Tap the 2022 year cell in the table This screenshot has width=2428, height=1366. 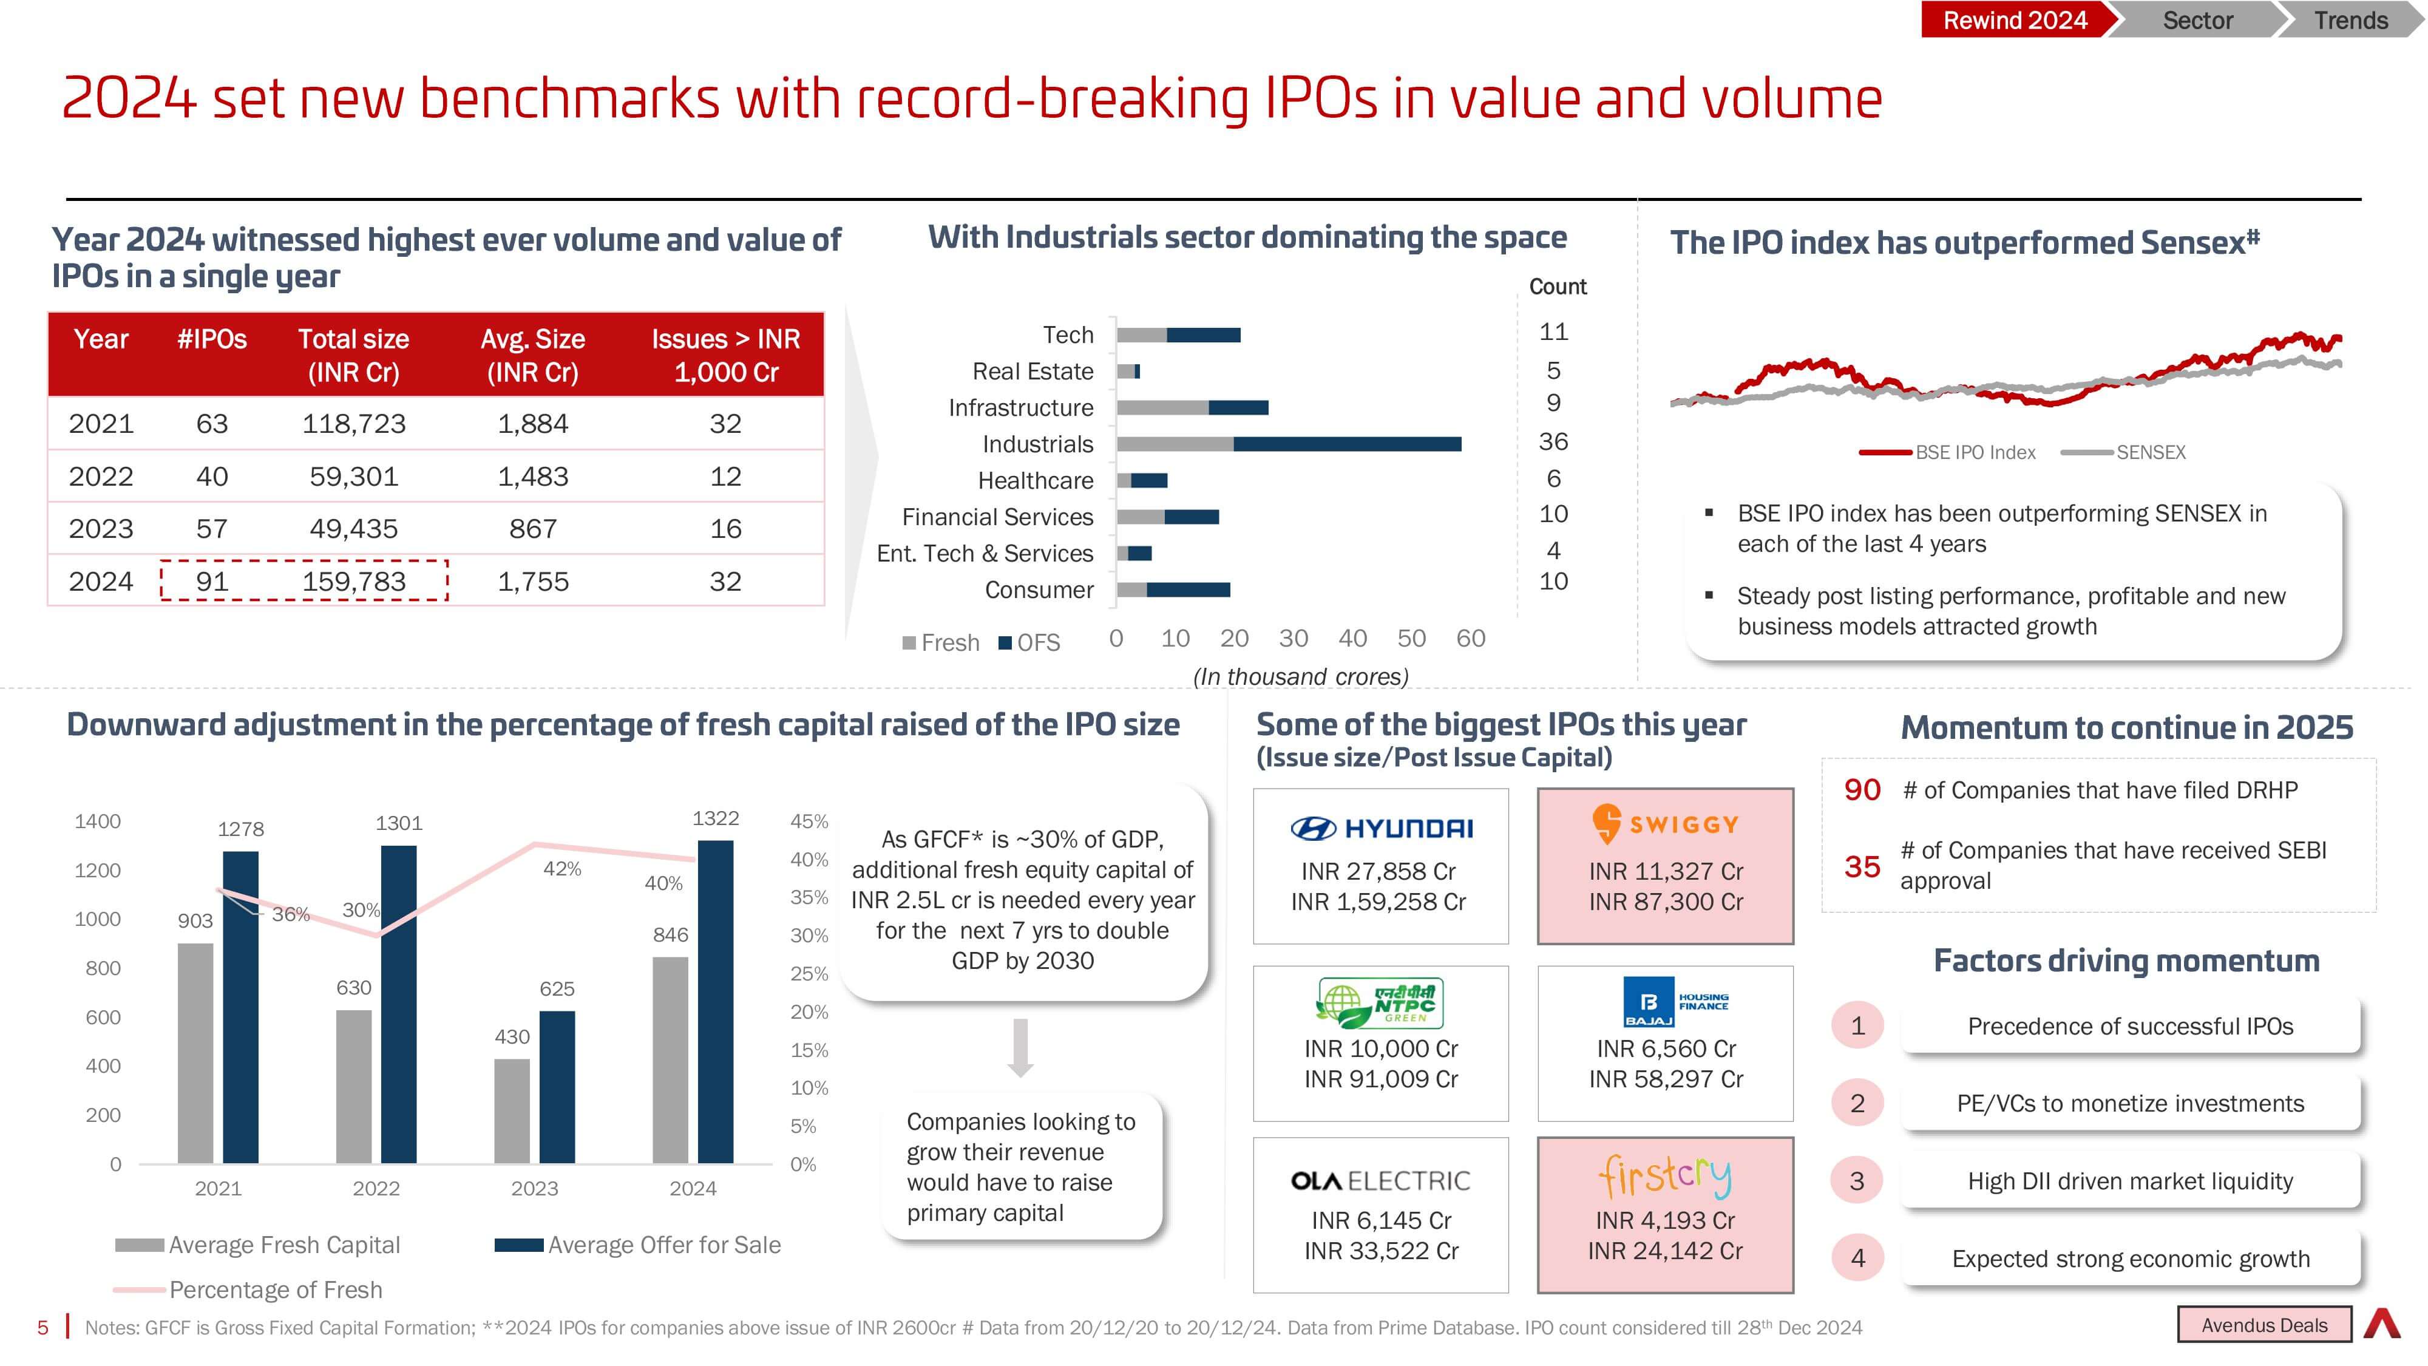tap(101, 476)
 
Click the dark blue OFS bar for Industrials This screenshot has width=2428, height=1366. tap(1347, 444)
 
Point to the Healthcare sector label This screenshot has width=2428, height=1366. tap(1035, 481)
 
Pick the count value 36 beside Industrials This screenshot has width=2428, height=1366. tap(1553, 441)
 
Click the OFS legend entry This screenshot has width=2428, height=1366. tap(1029, 643)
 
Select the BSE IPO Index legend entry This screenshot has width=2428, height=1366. tap(1947, 452)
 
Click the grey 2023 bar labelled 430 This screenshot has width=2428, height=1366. tap(512, 1110)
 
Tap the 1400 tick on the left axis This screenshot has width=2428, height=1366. tap(98, 821)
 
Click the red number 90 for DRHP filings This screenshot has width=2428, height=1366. tap(1862, 790)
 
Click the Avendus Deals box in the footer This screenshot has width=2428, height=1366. tap(2264, 1325)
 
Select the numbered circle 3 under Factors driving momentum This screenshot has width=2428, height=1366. tap(1857, 1180)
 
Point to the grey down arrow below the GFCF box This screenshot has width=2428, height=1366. tap(1020, 1047)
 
